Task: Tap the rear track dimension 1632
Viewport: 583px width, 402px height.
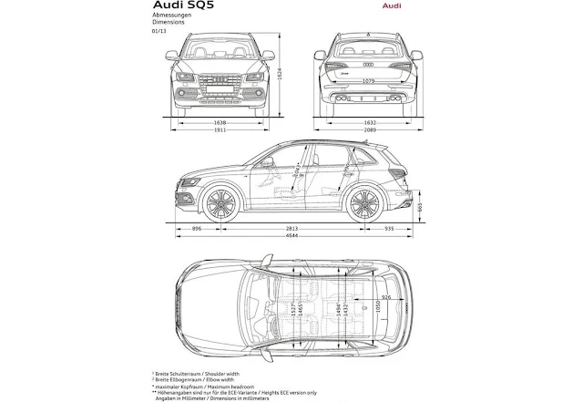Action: pyautogui.click(x=368, y=121)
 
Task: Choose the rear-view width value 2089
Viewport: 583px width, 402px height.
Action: pyautogui.click(x=368, y=131)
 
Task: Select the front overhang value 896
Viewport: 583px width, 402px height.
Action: pyautogui.click(x=197, y=230)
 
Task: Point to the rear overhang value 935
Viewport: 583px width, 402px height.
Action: pyautogui.click(x=390, y=230)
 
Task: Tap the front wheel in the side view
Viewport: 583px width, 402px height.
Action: pyautogui.click(x=219, y=202)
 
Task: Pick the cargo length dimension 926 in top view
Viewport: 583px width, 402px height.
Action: pyautogui.click(x=387, y=297)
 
